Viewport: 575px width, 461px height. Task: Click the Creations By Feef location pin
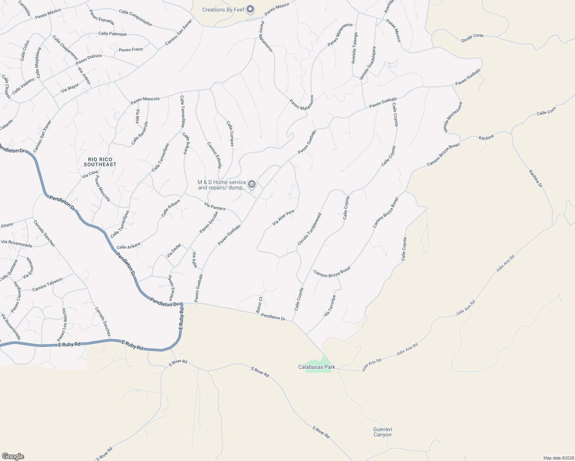coord(251,9)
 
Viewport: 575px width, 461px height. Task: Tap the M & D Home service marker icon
coord(252,184)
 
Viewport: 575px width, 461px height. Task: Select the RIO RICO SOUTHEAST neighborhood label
coord(100,162)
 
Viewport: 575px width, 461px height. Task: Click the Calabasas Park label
coord(317,367)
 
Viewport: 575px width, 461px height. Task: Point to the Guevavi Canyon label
coord(382,432)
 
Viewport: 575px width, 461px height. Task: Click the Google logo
coord(13,456)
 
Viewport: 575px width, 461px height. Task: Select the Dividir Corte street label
coord(472,38)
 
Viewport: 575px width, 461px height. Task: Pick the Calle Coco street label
coord(546,111)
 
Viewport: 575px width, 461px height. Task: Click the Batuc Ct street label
coord(260,304)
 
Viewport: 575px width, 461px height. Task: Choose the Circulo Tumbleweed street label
coord(309,229)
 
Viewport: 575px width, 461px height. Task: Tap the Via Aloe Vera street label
coord(283,217)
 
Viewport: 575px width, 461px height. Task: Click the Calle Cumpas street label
coord(230,134)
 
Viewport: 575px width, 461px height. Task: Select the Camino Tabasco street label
coord(47,285)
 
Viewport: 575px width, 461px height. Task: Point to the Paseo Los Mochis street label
coord(62,325)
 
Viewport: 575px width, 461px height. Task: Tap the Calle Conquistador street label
coord(135,18)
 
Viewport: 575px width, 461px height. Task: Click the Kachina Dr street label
coord(535,179)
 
